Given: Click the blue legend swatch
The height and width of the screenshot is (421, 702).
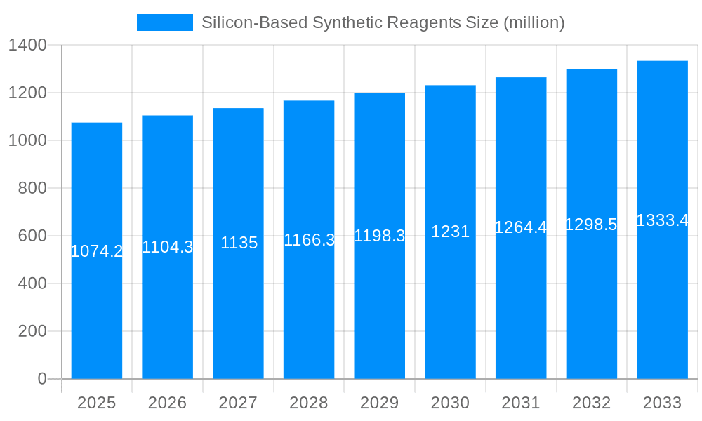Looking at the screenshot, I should pyautogui.click(x=164, y=22).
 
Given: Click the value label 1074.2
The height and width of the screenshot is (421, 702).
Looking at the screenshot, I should pyautogui.click(x=97, y=251).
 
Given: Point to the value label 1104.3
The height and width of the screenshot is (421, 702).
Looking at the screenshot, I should pyautogui.click(x=168, y=247).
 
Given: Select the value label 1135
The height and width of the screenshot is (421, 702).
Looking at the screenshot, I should pyautogui.click(x=239, y=243).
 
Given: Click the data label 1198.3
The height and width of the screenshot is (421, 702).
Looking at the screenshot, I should pyautogui.click(x=380, y=236).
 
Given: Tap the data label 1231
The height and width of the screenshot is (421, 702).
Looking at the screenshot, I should pyautogui.click(x=450, y=232).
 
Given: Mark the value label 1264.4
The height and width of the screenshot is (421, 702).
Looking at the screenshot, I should pyautogui.click(x=521, y=227).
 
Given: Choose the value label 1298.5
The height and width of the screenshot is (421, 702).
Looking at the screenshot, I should pyautogui.click(x=591, y=225).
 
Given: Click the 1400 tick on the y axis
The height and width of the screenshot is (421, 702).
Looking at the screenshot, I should pyautogui.click(x=27, y=46).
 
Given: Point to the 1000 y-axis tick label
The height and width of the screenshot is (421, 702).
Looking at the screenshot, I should pyautogui.click(x=27, y=140).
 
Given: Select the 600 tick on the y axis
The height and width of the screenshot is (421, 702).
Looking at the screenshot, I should pyautogui.click(x=32, y=236).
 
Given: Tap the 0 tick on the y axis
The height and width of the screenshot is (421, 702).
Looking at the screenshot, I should pyautogui.click(x=41, y=379).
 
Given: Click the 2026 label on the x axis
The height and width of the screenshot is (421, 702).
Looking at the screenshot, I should pyautogui.click(x=168, y=403).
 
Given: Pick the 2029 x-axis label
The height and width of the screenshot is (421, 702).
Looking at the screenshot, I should pyautogui.click(x=380, y=403).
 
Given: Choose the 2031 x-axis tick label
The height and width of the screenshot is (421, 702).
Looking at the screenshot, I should pyautogui.click(x=521, y=403).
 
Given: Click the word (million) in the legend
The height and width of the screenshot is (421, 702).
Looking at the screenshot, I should pyautogui.click(x=534, y=22).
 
